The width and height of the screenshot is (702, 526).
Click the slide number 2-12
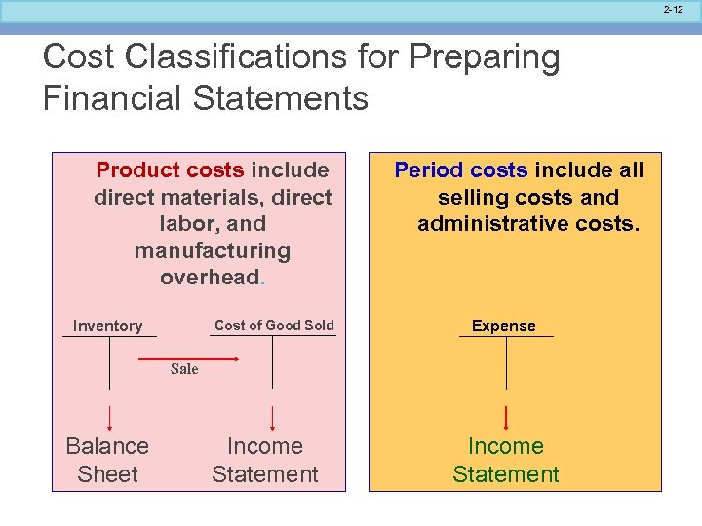pyautogui.click(x=674, y=10)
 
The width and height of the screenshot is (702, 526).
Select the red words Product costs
pyautogui.click(x=171, y=170)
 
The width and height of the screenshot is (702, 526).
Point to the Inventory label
pyautogui.click(x=107, y=326)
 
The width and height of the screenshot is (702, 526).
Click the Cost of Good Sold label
pyautogui.click(x=274, y=325)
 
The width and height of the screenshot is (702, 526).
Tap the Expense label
pyautogui.click(x=504, y=326)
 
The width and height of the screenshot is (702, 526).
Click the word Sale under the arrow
pyautogui.click(x=184, y=369)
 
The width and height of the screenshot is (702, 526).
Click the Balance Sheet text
pyautogui.click(x=107, y=460)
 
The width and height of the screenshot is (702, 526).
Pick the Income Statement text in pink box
pyautogui.click(x=265, y=460)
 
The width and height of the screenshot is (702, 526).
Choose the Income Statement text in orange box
pyautogui.click(x=505, y=460)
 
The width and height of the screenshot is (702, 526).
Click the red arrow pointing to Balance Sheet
pyautogui.click(x=108, y=416)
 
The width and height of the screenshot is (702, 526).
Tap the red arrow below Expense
pyautogui.click(x=506, y=416)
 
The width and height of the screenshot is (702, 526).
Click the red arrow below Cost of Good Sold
pyautogui.click(x=272, y=416)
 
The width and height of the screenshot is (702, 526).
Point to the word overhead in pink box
pyautogui.click(x=210, y=278)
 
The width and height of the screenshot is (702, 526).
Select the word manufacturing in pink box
pyautogui.click(x=213, y=251)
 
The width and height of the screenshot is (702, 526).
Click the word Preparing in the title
pyautogui.click(x=485, y=58)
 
